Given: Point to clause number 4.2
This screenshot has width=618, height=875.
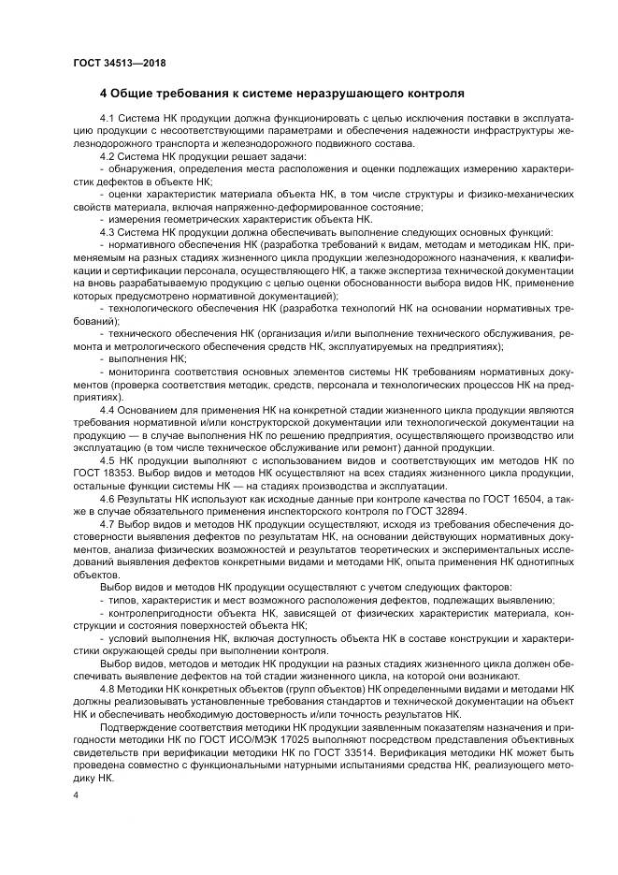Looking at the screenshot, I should click(107, 155).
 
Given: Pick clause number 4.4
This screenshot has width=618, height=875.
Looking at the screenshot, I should click(107, 409).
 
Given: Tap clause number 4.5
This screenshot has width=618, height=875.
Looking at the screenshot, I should click(107, 463).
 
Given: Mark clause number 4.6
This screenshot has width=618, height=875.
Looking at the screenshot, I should click(107, 502).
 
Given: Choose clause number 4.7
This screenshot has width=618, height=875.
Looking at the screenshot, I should click(107, 525).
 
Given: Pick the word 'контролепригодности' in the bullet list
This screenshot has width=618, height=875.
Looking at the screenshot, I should click(162, 613).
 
